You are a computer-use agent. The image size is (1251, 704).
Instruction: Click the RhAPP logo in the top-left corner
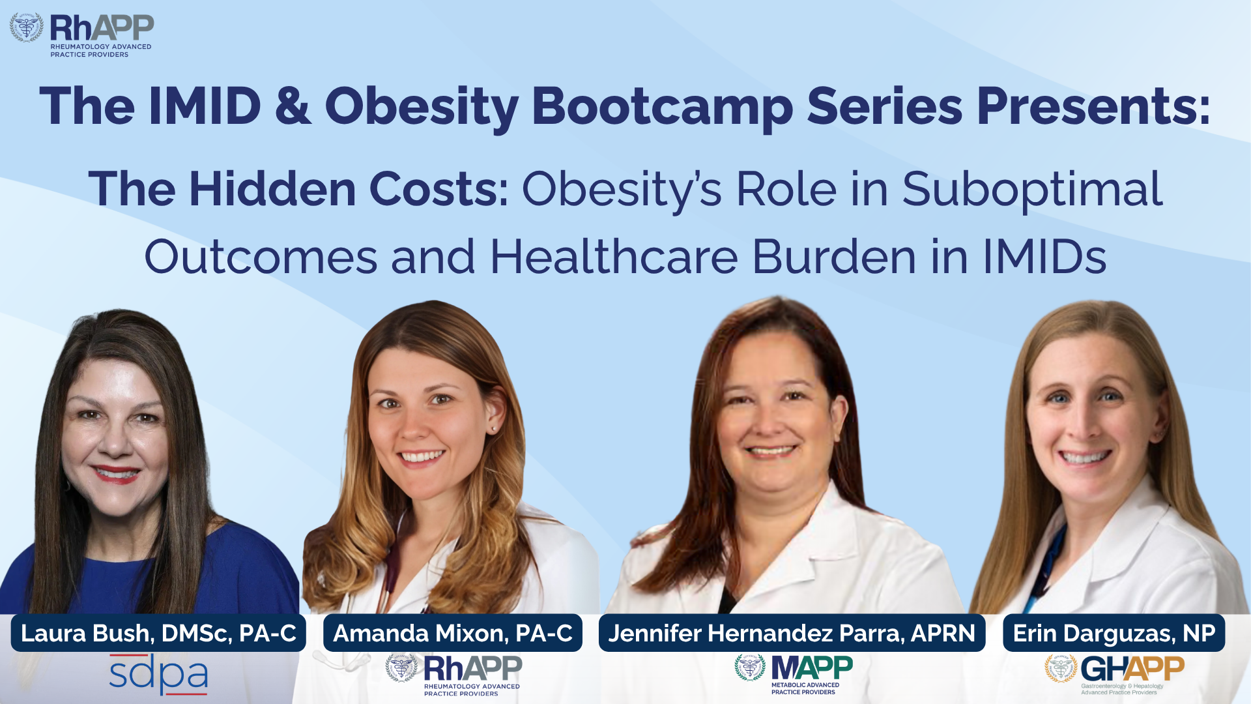click(x=81, y=35)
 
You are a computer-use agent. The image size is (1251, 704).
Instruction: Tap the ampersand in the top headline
click(x=293, y=106)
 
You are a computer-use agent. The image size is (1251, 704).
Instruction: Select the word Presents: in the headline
click(x=1094, y=106)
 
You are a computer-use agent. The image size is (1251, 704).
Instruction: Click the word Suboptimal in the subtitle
click(x=1032, y=190)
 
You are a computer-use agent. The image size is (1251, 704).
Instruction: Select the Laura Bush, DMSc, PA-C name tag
click(x=158, y=633)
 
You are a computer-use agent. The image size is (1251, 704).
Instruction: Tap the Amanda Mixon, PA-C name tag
click(x=453, y=633)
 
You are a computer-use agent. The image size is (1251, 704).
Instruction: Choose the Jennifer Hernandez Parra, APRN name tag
click(x=792, y=633)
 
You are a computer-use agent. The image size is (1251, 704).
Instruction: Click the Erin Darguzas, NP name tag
click(x=1114, y=633)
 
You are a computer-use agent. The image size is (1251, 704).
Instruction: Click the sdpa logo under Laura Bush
click(x=158, y=675)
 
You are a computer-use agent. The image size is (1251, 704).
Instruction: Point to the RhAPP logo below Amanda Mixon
click(x=453, y=675)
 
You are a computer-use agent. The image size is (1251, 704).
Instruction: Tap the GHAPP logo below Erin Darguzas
click(x=1114, y=675)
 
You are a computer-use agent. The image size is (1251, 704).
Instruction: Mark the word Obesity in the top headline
click(x=422, y=107)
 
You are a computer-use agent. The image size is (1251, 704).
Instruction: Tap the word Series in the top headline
click(x=885, y=106)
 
